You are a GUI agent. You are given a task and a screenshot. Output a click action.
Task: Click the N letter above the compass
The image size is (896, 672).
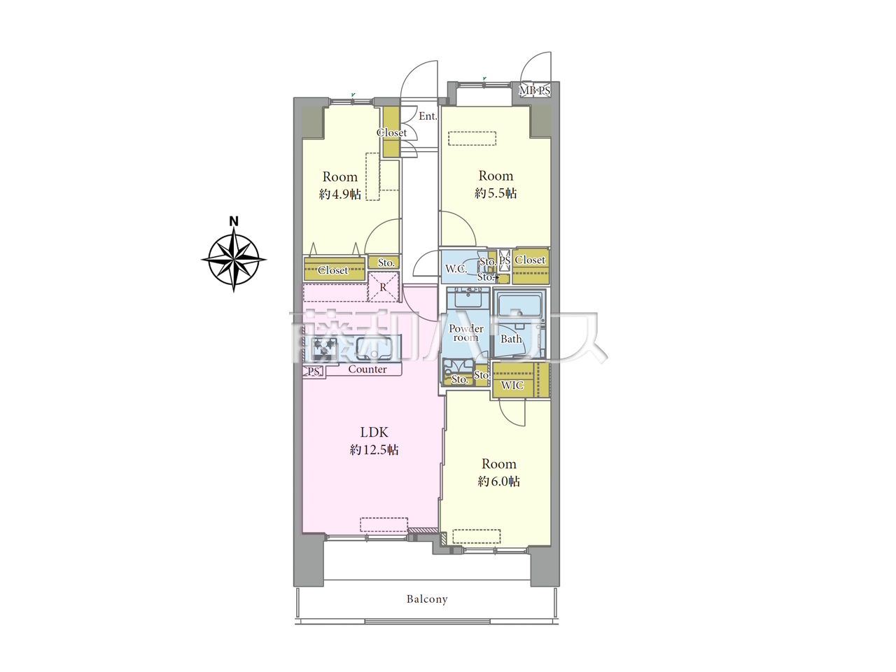coord(234,222)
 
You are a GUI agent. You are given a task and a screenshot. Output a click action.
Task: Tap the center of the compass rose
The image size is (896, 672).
coord(234,259)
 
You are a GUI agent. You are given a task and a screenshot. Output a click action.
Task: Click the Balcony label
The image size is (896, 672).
coord(427,599)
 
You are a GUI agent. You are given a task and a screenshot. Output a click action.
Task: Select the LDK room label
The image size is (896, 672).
coord(374,432)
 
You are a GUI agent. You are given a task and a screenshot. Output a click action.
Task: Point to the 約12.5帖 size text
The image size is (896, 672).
coord(374,449)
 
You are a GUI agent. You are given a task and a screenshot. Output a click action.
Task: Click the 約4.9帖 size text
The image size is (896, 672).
coord(339,194)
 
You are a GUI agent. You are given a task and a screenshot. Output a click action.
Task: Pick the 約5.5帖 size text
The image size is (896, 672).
coord(496,193)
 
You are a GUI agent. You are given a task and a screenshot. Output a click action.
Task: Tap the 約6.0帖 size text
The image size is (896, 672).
coord(499,482)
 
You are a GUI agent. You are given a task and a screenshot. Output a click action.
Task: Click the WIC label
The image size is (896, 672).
coord(512,385)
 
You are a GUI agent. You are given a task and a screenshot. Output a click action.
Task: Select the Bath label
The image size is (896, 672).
coord(511,339)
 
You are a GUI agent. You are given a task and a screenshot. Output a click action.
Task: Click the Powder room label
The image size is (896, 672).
coord(465,333)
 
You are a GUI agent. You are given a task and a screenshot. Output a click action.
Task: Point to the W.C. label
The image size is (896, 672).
coord(456,269)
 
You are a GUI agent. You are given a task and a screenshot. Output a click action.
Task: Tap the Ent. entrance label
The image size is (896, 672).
coord(428,116)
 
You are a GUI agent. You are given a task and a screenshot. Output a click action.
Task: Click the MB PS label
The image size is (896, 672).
coord(535,90)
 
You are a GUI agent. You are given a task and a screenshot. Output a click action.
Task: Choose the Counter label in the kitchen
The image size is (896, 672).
coord(367,370)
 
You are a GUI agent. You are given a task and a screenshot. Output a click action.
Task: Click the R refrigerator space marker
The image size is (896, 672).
coord(383,287)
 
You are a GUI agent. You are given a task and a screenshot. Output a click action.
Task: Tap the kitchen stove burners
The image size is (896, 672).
coord(325,348)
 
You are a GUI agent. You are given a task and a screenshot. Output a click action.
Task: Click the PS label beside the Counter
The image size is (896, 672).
coord(313,372)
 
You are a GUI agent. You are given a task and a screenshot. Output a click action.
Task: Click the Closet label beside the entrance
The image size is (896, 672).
coord(391,132)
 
